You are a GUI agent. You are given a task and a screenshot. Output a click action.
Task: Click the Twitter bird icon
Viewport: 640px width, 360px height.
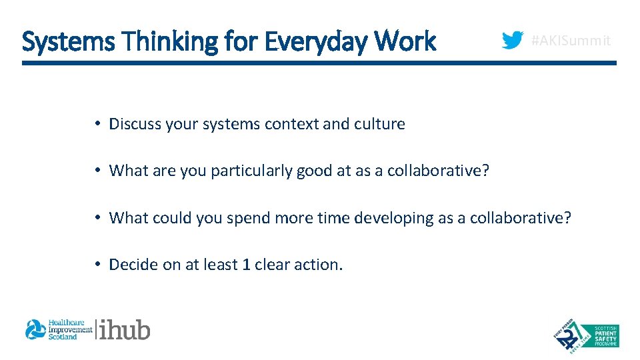(512, 41)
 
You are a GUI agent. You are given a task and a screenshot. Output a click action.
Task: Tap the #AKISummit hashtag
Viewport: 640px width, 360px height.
(570, 41)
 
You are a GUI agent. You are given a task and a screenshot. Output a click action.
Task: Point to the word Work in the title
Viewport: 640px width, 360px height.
(405, 41)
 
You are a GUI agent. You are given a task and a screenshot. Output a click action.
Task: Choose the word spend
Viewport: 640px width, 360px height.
(246, 218)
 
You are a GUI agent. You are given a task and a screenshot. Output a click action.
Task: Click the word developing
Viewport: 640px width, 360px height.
(388, 218)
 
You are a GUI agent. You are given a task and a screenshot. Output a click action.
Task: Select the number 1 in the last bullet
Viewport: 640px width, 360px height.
(246, 265)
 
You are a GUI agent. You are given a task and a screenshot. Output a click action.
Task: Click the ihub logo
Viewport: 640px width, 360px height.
(125, 329)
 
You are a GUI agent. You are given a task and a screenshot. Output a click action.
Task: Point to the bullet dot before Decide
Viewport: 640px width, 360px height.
(97, 265)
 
